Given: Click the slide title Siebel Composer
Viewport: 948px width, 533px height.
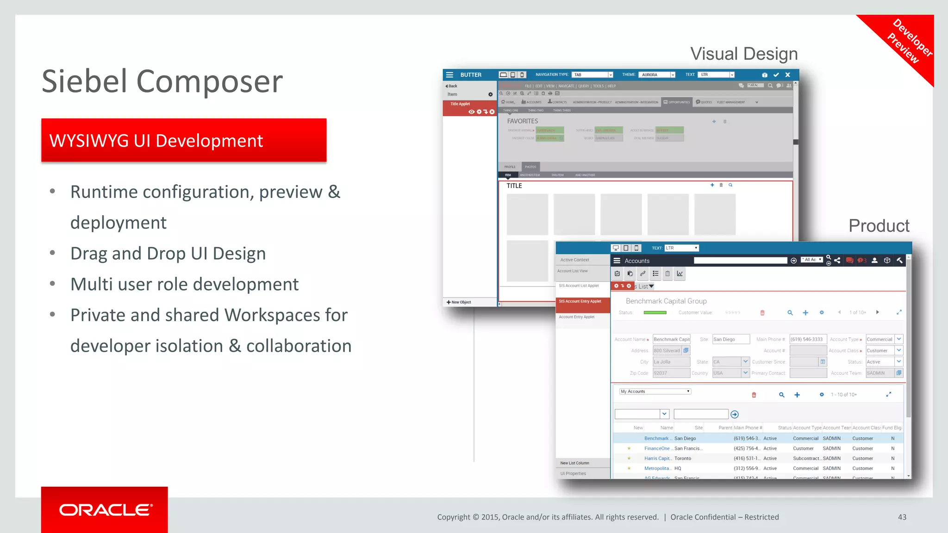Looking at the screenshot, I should pyautogui.click(x=162, y=81).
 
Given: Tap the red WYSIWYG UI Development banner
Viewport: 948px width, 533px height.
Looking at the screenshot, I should pyautogui.click(x=184, y=141).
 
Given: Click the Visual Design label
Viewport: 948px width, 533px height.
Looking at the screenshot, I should pyautogui.click(x=744, y=54).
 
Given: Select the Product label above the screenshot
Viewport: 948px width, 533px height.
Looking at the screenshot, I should pyautogui.click(x=879, y=226).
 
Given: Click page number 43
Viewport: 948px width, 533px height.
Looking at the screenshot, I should pyautogui.click(x=902, y=517).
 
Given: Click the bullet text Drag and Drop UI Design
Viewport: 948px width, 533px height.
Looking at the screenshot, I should pyautogui.click(x=168, y=254).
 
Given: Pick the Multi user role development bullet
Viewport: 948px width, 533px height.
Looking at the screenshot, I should pyautogui.click(x=184, y=284).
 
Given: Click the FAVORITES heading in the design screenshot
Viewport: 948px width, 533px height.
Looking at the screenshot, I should pyautogui.click(x=522, y=121).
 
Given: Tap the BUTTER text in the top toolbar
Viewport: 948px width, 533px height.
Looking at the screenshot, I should pyautogui.click(x=471, y=75).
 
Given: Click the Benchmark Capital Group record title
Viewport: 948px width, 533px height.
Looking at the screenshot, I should pyautogui.click(x=666, y=301).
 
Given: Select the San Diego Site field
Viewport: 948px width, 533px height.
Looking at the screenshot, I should pyautogui.click(x=730, y=339).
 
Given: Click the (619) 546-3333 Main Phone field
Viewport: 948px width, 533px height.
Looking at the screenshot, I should pyautogui.click(x=807, y=339).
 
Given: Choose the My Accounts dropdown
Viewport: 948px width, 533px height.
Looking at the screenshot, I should pyautogui.click(x=655, y=391).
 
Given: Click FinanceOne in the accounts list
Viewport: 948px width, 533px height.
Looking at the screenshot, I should pyautogui.click(x=657, y=448).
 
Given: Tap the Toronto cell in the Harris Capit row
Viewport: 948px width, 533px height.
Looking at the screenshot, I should pyautogui.click(x=683, y=459).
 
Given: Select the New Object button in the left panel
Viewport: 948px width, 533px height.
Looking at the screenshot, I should pyautogui.click(x=459, y=302).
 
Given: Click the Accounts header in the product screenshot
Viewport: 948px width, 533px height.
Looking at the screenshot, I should pyautogui.click(x=637, y=261).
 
